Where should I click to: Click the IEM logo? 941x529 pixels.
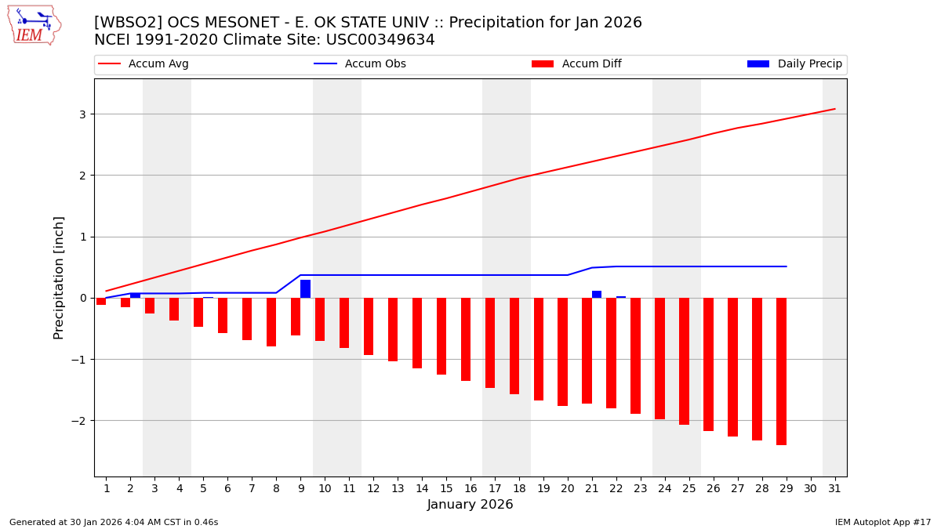(x=34, y=25)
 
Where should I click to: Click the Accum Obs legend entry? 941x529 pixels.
(x=360, y=64)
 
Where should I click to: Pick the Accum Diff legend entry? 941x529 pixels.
(x=576, y=64)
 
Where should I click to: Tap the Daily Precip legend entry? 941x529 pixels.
(x=794, y=64)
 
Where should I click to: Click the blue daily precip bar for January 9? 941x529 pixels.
(x=305, y=289)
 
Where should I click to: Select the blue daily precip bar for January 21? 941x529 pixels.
(x=597, y=295)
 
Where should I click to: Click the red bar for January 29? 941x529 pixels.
(x=781, y=371)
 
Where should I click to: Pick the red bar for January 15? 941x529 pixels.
(x=441, y=336)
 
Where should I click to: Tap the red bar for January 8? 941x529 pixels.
(x=271, y=322)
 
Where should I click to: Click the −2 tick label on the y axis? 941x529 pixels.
(x=78, y=421)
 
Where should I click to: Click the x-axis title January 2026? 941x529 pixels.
(x=470, y=505)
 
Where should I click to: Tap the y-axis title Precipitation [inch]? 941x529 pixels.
(x=59, y=277)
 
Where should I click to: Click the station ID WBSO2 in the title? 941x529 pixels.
(x=129, y=23)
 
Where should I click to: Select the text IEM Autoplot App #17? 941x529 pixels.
(x=882, y=522)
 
